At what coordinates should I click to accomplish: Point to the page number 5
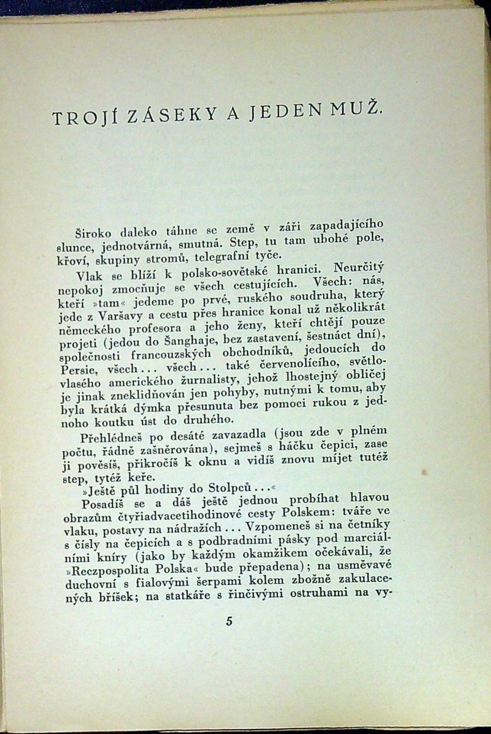pyautogui.click(x=229, y=621)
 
